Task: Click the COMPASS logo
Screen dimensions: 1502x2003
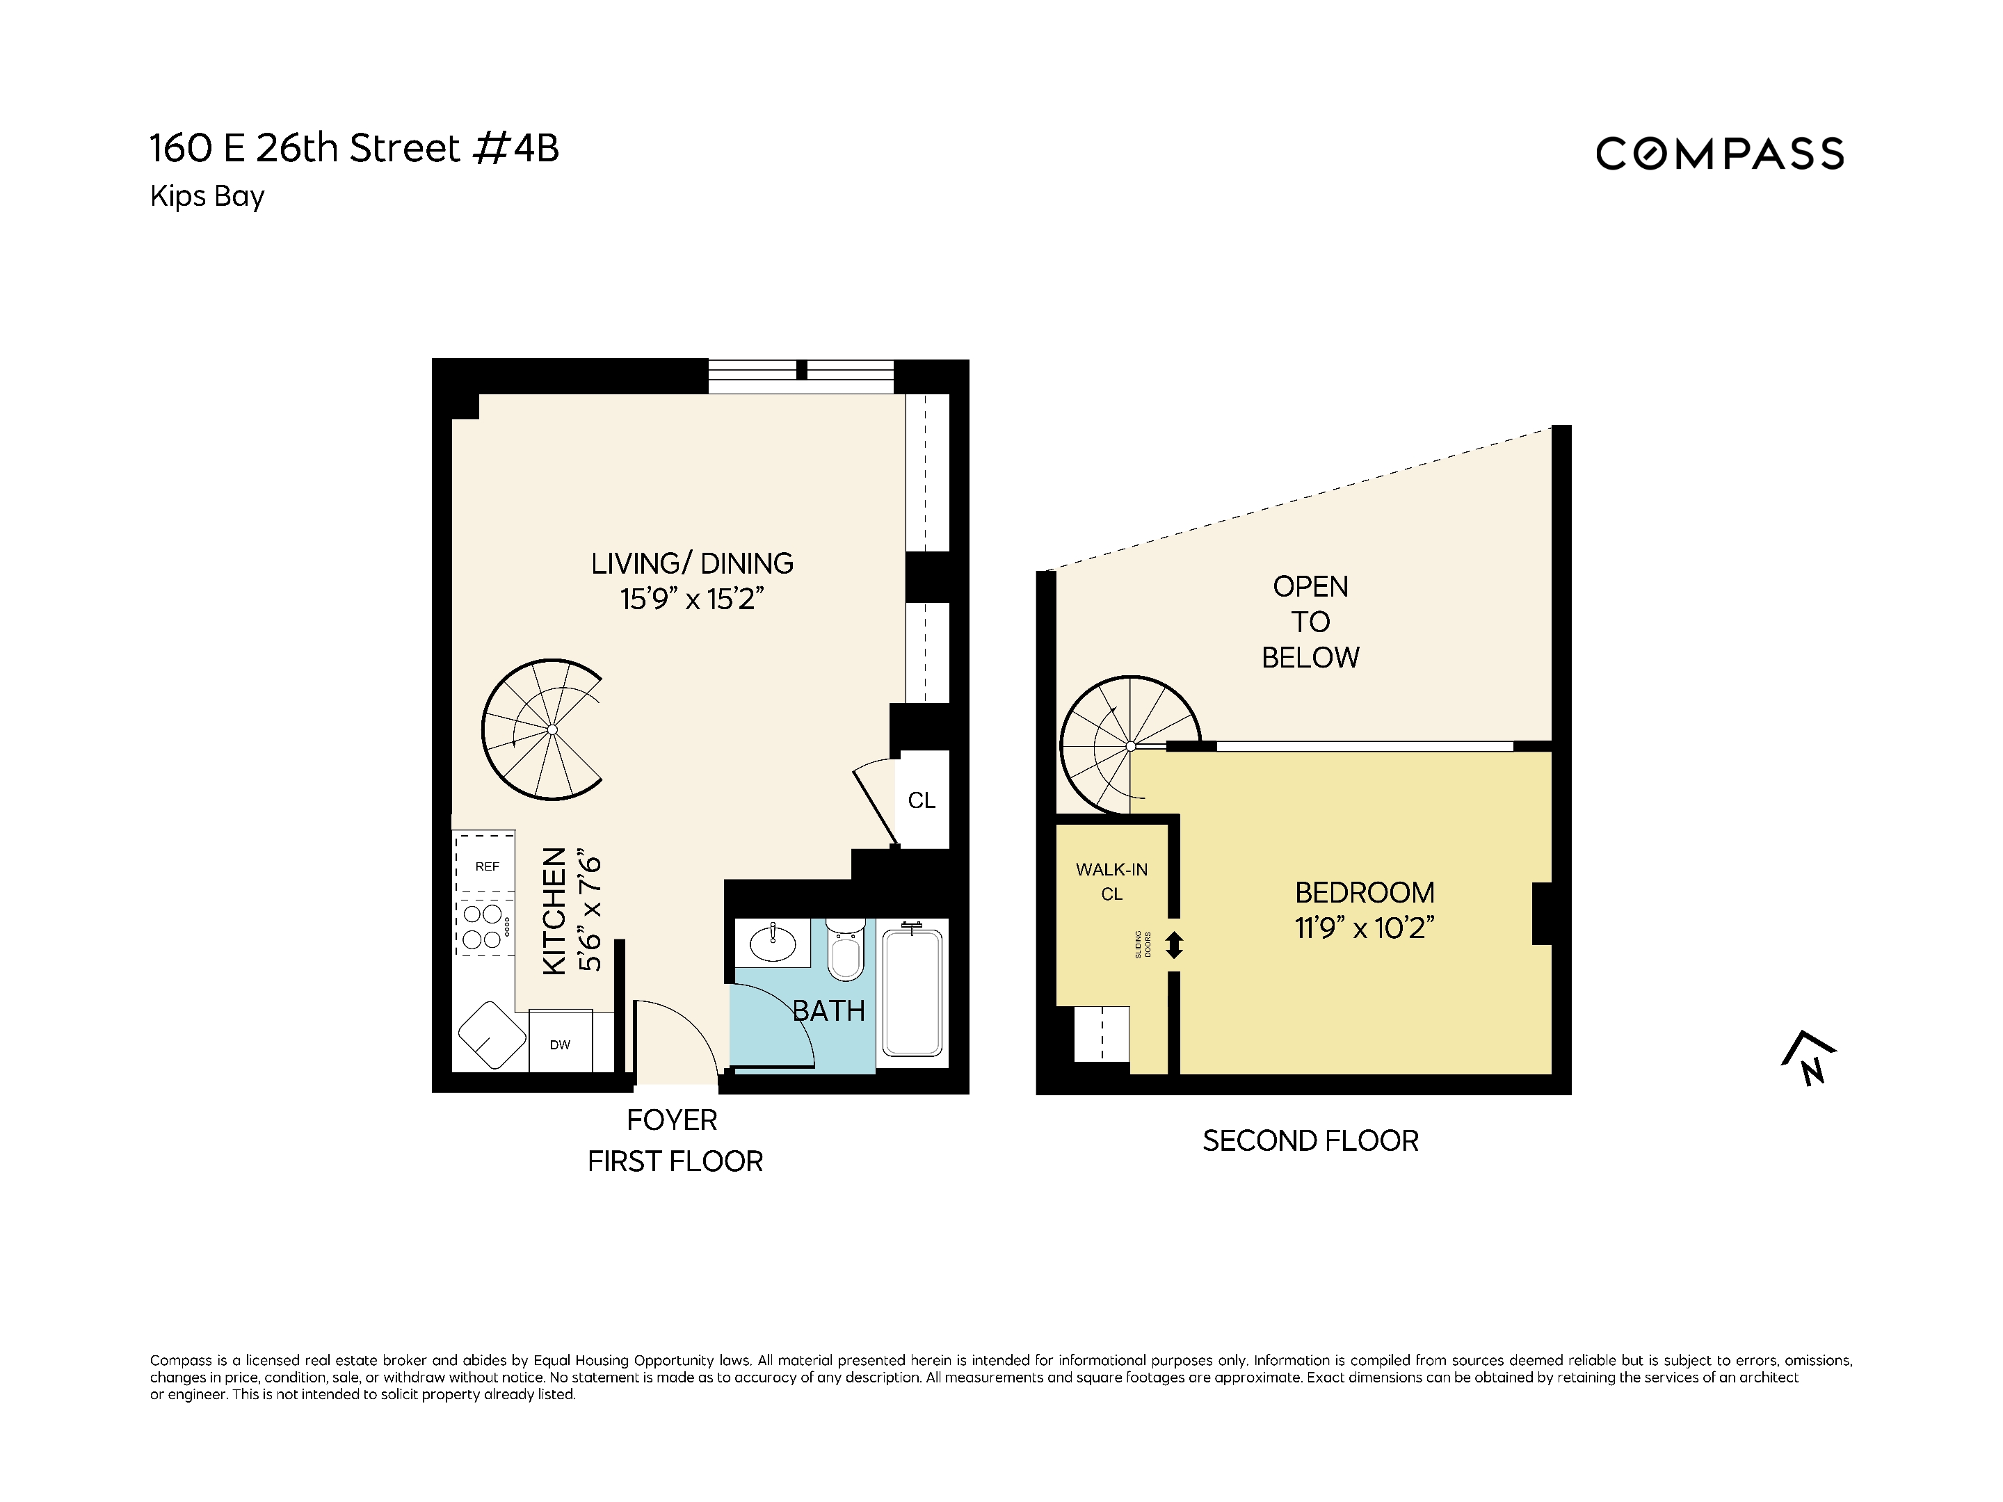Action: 1719,154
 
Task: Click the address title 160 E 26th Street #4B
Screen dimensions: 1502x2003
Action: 354,149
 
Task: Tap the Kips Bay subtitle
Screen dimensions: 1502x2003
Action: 207,197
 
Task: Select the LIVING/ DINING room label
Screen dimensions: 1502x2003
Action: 692,563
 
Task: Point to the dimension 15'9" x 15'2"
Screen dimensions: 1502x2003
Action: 692,599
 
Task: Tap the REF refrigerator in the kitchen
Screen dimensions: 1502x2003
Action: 486,866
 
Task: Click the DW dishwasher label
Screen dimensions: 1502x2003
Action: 560,1044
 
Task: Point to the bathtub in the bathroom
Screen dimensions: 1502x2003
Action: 912,992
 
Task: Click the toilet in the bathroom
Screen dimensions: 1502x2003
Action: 846,951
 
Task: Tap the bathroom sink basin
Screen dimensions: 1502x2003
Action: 773,944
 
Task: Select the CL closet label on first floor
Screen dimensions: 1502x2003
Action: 921,800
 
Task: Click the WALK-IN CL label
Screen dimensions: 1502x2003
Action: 1111,881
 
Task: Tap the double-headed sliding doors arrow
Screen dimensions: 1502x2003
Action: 1175,945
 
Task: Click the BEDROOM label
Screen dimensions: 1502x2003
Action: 1364,893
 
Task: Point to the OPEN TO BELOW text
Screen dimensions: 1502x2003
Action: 1310,622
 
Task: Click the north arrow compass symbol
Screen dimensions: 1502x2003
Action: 1808,1058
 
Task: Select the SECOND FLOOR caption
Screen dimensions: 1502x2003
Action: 1310,1141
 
